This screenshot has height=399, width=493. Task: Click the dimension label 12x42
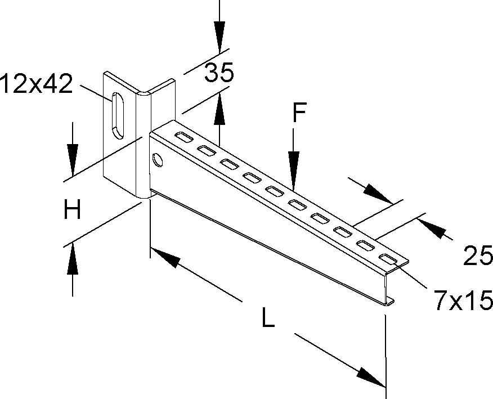point(37,84)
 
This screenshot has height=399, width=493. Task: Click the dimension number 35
point(218,73)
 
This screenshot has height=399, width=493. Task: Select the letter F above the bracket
point(299,114)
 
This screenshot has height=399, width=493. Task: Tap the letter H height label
point(72,211)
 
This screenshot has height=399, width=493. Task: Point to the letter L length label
point(268,320)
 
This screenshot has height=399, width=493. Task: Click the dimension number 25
point(478,256)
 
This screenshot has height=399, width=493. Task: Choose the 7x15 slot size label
point(463,301)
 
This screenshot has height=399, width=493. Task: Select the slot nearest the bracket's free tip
point(388,259)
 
